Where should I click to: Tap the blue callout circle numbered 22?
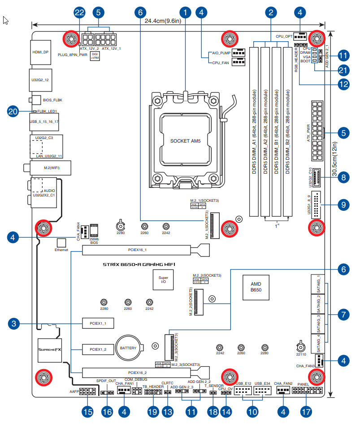80,13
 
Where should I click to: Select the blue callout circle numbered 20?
14,111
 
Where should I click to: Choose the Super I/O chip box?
163,280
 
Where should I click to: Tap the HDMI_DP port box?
40,52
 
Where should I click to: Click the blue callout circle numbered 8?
343,178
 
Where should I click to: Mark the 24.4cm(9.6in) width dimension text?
163,21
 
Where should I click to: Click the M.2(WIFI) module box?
42,168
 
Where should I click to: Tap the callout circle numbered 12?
343,83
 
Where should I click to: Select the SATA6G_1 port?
318,284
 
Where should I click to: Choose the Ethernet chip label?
61,250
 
